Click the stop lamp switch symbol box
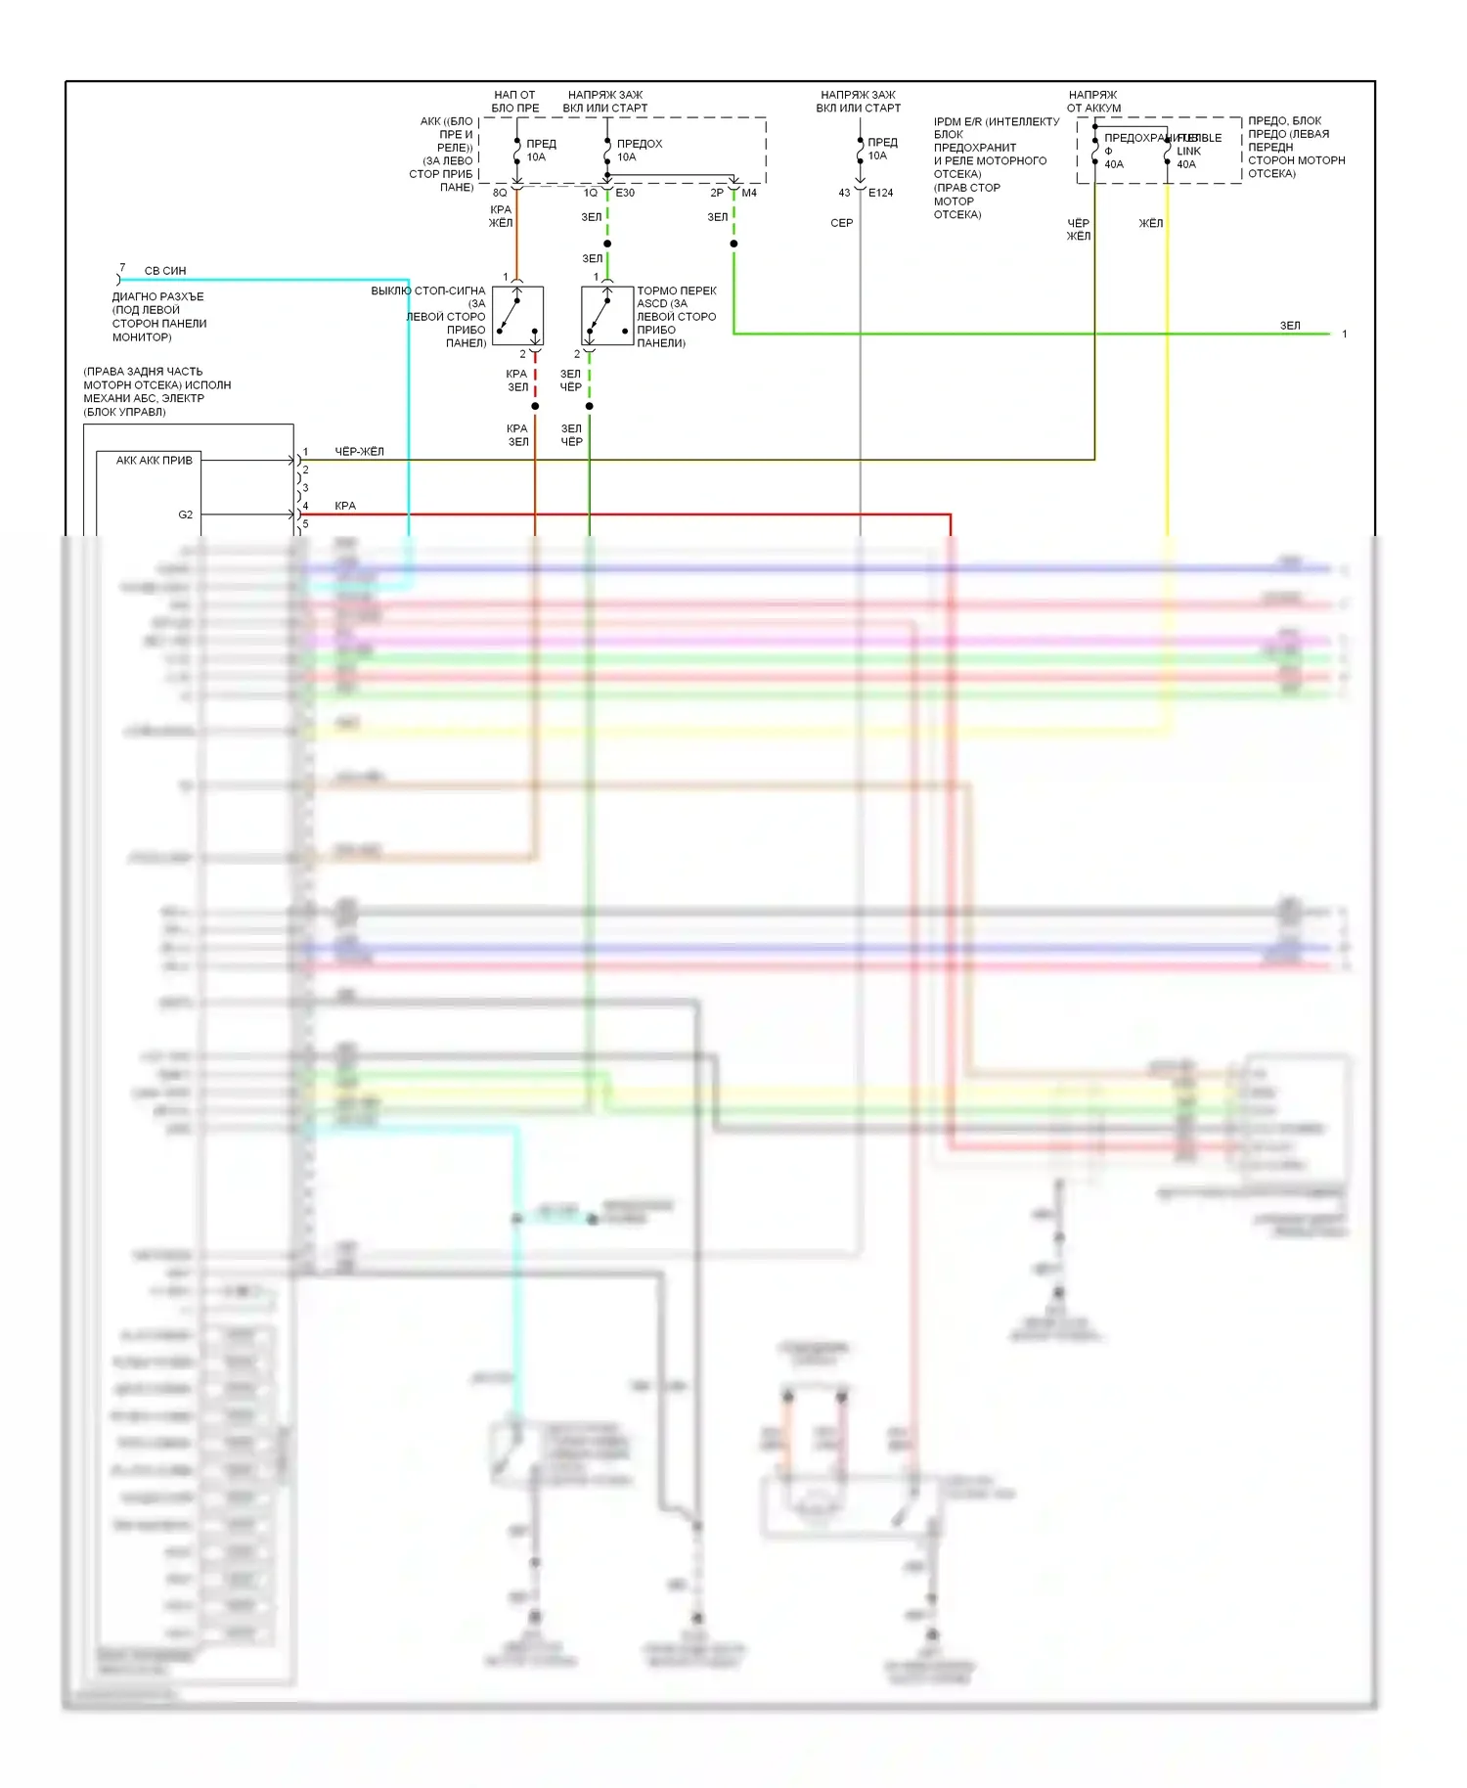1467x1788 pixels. click(x=517, y=316)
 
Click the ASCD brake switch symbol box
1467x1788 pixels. click(x=607, y=316)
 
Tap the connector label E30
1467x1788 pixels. click(x=625, y=193)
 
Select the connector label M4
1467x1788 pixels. click(x=749, y=193)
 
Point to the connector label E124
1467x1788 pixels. click(x=880, y=193)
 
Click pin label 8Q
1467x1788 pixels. click(x=500, y=193)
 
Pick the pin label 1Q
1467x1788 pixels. click(x=591, y=193)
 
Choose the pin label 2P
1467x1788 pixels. click(x=717, y=193)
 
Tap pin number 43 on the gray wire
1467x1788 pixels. click(x=844, y=193)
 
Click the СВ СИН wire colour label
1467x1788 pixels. click(x=165, y=271)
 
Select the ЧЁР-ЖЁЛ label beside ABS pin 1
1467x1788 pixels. click(x=360, y=452)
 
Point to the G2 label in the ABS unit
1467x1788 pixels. click(x=186, y=514)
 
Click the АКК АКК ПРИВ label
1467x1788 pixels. click(x=155, y=461)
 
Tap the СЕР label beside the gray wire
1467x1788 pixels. click(x=842, y=223)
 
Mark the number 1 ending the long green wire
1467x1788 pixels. click(x=1345, y=335)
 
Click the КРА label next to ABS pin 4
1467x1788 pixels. click(x=345, y=506)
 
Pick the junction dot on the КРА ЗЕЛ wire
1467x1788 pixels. click(x=535, y=406)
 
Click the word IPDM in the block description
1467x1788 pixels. click(x=948, y=122)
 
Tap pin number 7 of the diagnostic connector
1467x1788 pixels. click(x=122, y=267)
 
